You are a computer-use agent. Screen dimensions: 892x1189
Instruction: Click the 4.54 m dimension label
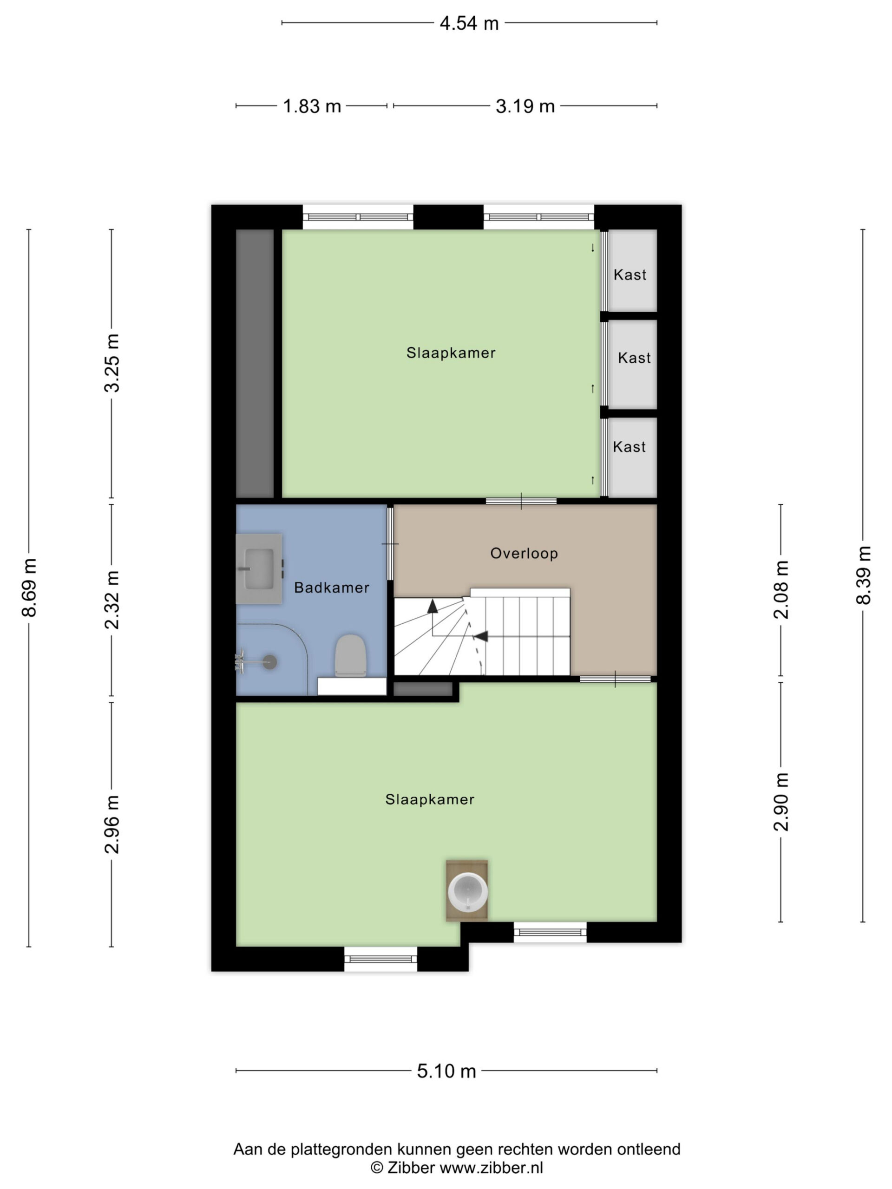click(469, 23)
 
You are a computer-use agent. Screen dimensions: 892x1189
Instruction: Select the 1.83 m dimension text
click(312, 106)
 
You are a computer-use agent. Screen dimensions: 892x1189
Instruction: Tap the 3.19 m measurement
click(525, 106)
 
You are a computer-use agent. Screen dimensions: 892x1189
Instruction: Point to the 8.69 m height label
click(29, 587)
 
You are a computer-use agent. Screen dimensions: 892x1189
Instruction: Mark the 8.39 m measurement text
click(863, 575)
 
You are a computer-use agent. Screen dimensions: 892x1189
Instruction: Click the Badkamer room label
click(332, 588)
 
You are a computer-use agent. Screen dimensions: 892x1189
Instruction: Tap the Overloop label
click(524, 553)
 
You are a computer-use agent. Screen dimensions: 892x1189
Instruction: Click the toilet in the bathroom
click(351, 655)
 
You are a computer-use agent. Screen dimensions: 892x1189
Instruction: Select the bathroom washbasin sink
click(259, 568)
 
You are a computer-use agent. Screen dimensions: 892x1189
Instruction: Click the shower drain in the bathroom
click(269, 662)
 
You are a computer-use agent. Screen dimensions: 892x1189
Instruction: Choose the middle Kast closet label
click(634, 358)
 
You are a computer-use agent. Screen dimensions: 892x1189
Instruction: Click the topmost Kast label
click(630, 274)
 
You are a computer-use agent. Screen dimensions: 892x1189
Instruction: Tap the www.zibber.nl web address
click(492, 1167)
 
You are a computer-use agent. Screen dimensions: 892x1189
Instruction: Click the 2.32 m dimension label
click(112, 600)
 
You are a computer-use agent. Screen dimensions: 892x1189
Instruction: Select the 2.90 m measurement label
click(780, 802)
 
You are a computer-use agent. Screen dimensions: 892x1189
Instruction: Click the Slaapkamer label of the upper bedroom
click(451, 353)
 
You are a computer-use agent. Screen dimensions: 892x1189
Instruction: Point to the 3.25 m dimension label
click(112, 363)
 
